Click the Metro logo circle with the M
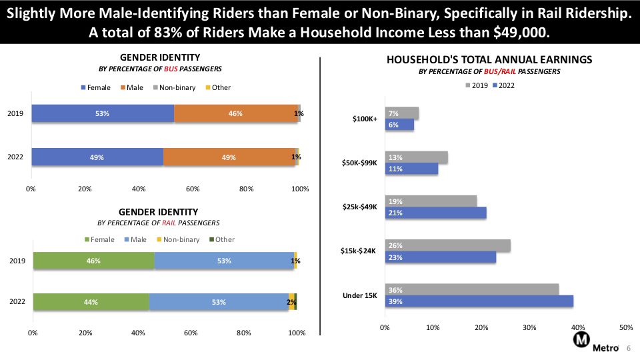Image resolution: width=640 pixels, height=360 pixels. [581, 339]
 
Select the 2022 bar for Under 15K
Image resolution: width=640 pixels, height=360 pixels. [479, 301]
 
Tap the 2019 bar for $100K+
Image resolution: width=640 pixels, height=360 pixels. [402, 113]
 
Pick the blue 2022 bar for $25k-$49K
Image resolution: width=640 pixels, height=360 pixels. [436, 213]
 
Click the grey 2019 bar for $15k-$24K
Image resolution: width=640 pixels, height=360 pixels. [448, 246]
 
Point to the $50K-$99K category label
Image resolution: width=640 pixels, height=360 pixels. [359, 163]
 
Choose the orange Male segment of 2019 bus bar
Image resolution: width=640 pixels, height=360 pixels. [236, 113]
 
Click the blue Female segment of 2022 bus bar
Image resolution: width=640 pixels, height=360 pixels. [97, 157]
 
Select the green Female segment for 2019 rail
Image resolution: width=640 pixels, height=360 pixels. [94, 261]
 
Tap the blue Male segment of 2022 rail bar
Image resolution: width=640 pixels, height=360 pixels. [219, 302]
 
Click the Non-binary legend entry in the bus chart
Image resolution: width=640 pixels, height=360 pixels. [174, 87]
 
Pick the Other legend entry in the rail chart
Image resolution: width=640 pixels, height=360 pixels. [222, 239]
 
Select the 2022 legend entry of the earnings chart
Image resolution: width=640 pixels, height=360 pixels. [504, 85]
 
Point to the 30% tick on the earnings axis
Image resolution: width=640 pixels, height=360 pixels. [529, 327]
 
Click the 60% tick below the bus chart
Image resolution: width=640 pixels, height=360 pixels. [193, 189]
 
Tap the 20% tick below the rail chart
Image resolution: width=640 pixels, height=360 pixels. [85, 333]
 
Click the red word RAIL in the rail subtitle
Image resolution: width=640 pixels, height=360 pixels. [169, 223]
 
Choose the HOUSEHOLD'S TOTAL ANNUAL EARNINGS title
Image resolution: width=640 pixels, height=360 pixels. [489, 59]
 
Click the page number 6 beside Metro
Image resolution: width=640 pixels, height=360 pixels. [629, 348]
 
